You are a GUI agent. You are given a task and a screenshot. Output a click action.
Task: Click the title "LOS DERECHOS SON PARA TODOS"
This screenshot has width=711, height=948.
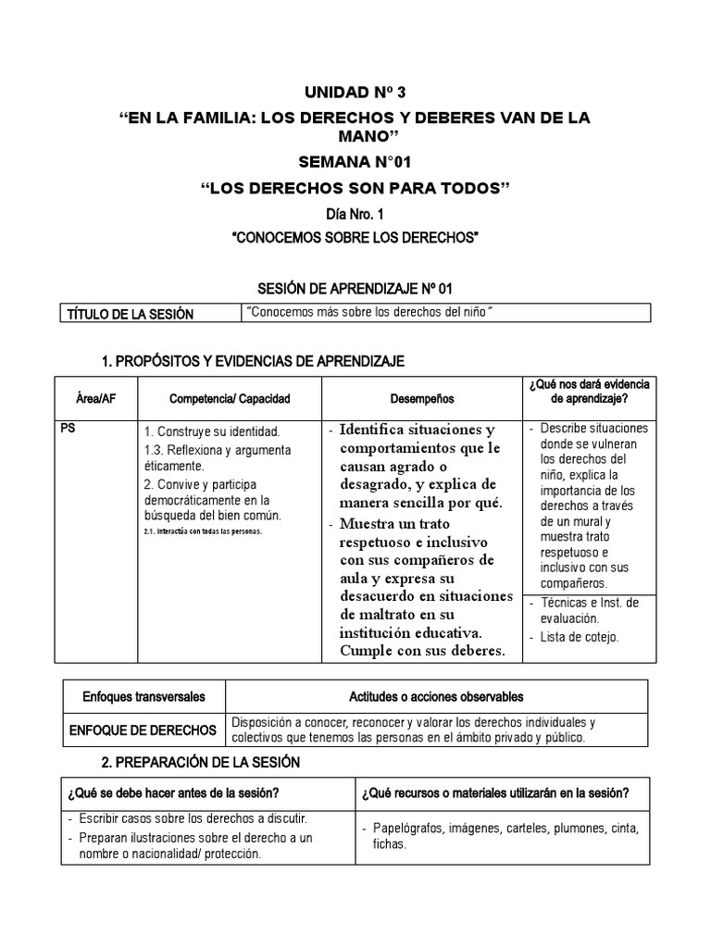[x=355, y=189]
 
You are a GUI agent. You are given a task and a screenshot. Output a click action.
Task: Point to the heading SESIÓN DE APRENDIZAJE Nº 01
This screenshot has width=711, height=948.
[x=355, y=289]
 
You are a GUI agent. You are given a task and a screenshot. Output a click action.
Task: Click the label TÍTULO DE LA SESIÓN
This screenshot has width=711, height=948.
[x=131, y=314]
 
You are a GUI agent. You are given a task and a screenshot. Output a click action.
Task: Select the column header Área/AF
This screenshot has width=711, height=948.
[x=96, y=398]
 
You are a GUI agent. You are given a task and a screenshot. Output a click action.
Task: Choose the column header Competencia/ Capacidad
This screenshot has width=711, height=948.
[x=230, y=398]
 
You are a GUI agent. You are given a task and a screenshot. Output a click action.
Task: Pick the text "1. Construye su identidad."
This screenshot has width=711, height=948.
[x=212, y=431]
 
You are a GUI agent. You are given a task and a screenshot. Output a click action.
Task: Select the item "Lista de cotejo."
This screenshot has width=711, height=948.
[x=580, y=637]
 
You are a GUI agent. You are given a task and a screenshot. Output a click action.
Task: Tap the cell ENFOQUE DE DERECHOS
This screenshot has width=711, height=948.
[x=143, y=730]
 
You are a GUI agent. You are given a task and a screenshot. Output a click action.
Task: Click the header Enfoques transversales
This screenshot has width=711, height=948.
[x=143, y=696]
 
